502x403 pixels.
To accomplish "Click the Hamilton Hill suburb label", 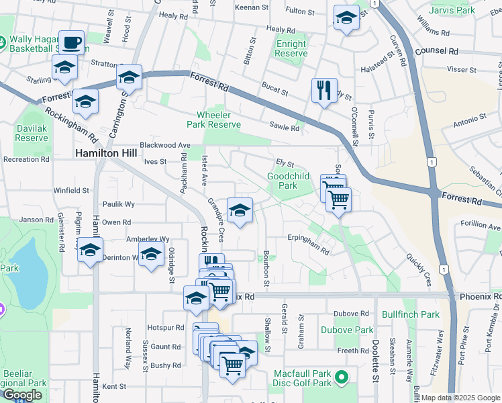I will pos(106,153).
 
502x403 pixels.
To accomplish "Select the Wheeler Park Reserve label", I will pos(214,120).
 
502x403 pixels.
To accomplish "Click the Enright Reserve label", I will pos(291,48).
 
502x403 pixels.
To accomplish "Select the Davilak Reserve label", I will pos(31,133).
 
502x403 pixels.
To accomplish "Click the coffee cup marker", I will pos(71,44).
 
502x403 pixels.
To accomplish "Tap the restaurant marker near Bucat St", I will pos(324,90).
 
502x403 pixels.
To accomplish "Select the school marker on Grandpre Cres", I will pos(240,211).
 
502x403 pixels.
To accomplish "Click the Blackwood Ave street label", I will pos(165,145).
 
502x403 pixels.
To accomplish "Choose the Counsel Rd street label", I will pos(436,51).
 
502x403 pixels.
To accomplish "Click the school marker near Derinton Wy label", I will pos(152,256).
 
